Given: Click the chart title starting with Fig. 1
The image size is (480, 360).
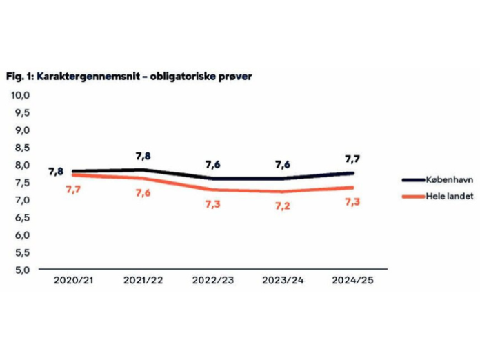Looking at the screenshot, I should pyautogui.click(x=128, y=76).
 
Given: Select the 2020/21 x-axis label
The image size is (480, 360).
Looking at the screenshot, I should pyautogui.click(x=72, y=281).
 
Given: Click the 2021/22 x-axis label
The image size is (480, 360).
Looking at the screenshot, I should pyautogui.click(x=143, y=281).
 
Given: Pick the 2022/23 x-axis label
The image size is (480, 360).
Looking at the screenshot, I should pyautogui.click(x=214, y=281).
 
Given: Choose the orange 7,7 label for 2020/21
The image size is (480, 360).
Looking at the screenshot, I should pyautogui.click(x=73, y=189).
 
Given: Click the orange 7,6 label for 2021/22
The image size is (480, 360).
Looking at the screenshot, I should pyautogui.click(x=143, y=192).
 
